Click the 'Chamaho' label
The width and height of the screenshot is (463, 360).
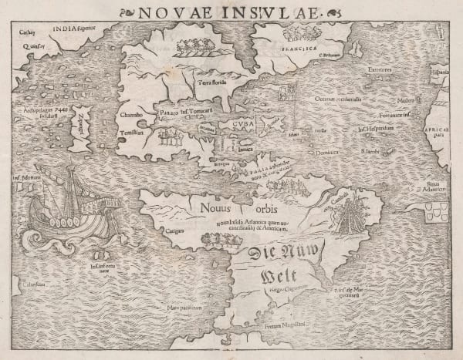(x=133, y=116)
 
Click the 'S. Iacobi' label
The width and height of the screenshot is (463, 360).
(x=374, y=152)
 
